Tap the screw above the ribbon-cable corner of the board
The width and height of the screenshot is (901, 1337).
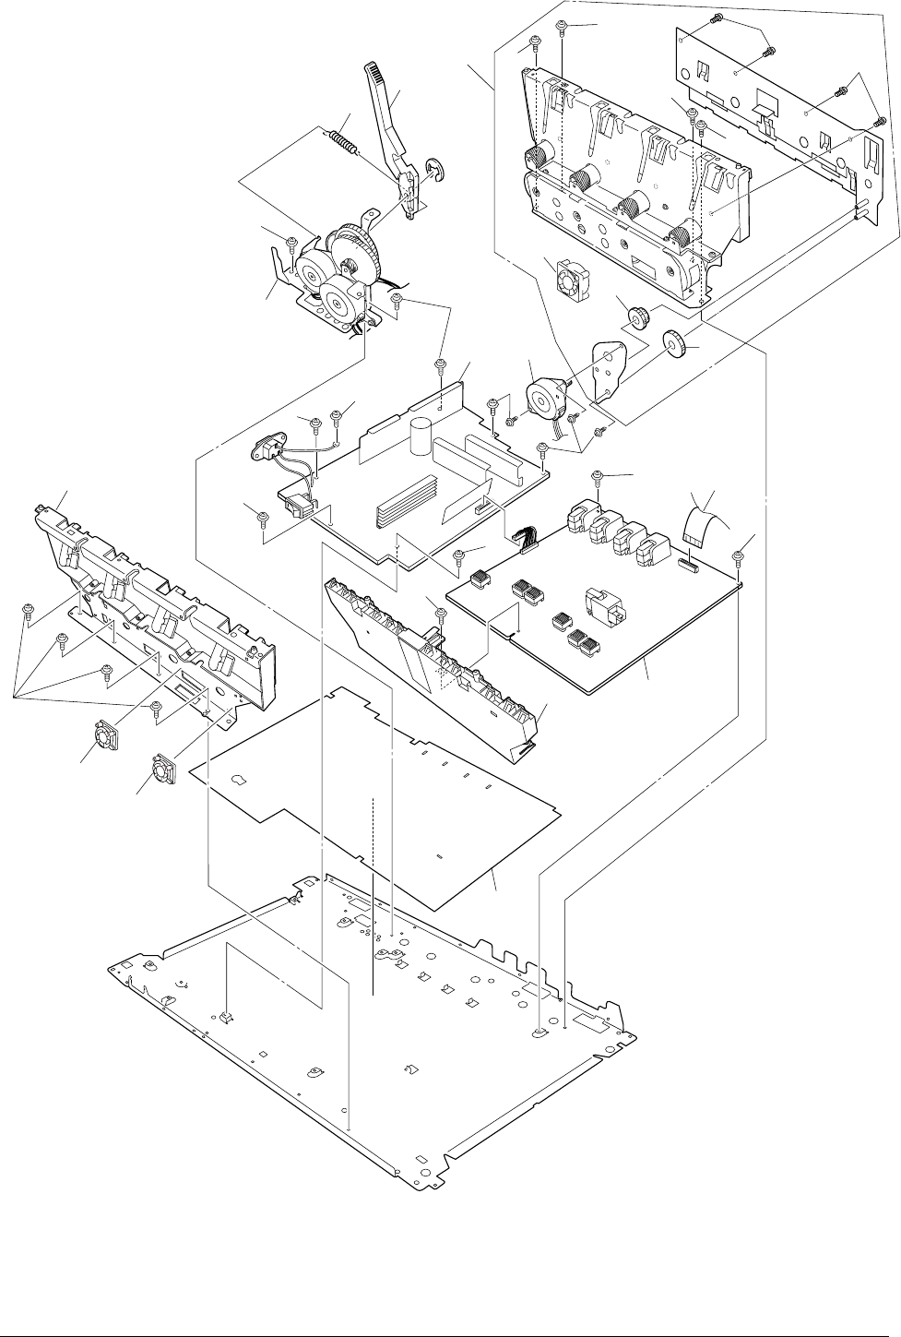pyautogui.click(x=738, y=556)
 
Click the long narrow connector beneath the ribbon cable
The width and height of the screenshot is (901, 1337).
pyautogui.click(x=688, y=563)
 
